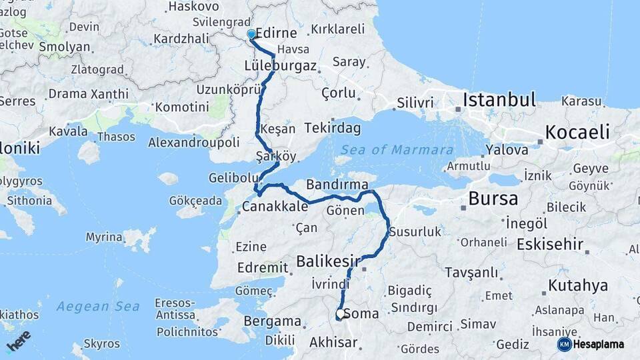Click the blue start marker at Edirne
(251, 34)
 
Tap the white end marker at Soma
(341, 313)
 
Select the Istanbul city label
(499, 101)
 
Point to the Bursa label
(493, 198)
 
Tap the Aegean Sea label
(98, 307)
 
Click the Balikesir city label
(329, 260)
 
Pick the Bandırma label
(337, 183)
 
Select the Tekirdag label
(333, 127)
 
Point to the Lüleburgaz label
(280, 66)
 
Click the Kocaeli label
(578, 132)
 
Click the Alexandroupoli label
(194, 142)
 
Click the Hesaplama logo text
(599, 344)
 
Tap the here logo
(19, 341)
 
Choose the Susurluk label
(415, 232)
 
